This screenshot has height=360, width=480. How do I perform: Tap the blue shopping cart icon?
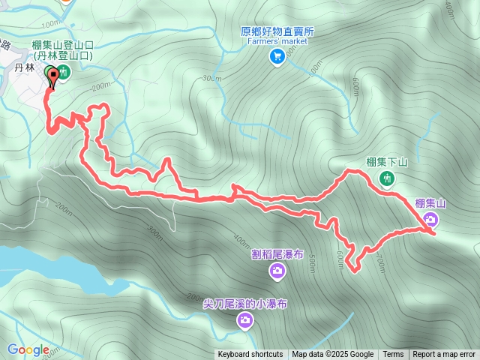coord(277,55)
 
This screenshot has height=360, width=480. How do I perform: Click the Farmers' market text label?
coord(277,41)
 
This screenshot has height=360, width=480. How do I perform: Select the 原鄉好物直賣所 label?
coord(277,31)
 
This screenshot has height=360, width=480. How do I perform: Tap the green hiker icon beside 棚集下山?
coord(387,178)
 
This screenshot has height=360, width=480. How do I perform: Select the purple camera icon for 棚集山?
coord(430,219)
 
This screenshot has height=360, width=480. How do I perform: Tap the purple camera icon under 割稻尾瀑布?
coord(277,270)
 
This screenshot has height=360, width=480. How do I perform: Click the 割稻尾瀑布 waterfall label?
coord(277,254)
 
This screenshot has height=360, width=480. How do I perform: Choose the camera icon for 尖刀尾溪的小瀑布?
coord(244,321)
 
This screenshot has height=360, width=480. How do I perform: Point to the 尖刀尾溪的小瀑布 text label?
coord(244,304)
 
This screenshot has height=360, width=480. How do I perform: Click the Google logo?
coord(28,349)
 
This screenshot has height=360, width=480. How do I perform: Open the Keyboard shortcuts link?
coord(250,355)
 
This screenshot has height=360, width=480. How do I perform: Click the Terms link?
coord(393,355)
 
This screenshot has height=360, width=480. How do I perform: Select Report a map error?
coord(444,355)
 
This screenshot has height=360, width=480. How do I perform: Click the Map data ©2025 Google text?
coord(333,355)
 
